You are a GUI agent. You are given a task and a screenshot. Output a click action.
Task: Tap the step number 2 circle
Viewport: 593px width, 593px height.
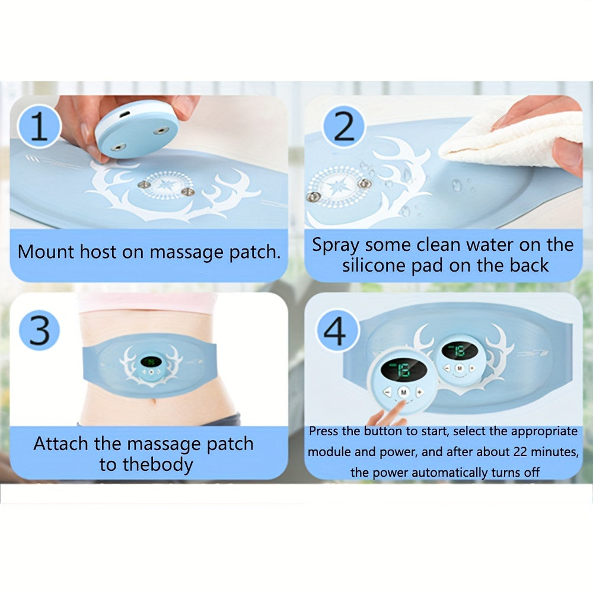point(343,126)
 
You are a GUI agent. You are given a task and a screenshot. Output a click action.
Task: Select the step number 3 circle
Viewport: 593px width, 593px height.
point(39,330)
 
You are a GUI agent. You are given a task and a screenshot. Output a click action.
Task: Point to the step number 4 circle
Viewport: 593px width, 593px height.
point(336,330)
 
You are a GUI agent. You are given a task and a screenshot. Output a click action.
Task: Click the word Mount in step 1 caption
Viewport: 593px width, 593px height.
point(46,251)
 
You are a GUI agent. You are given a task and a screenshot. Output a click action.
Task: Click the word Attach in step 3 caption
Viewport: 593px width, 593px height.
point(60,443)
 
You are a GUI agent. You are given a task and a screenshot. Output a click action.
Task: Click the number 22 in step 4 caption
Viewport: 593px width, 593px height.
point(519,451)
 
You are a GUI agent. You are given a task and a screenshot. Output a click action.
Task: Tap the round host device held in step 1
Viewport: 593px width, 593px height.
point(136,129)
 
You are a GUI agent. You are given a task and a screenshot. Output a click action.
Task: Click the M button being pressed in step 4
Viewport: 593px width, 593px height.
point(403,392)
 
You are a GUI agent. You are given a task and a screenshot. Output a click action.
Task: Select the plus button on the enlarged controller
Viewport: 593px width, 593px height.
point(420,392)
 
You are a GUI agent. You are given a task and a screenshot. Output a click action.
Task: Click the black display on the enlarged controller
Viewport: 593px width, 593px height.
point(404,369)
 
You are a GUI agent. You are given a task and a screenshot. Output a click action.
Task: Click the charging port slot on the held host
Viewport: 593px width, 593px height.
point(125,113)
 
